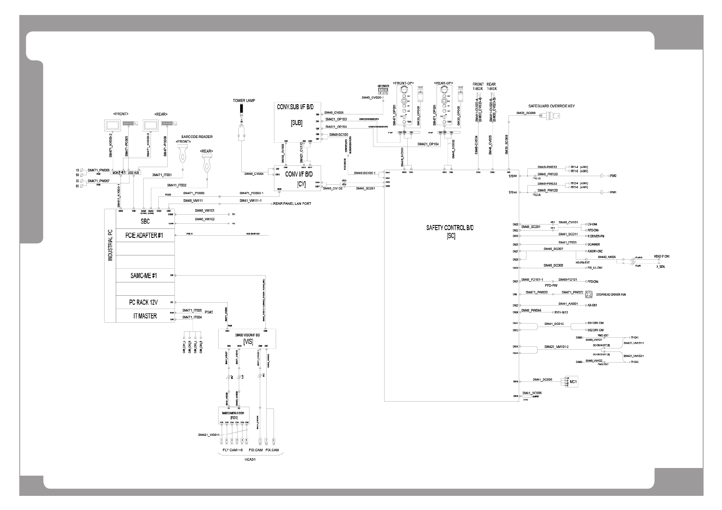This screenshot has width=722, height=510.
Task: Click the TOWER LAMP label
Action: pos(244,101)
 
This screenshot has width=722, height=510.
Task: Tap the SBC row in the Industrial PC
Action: pos(145,222)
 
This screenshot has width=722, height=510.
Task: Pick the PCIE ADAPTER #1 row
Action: pos(144,235)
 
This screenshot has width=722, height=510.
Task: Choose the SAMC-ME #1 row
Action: pos(144,276)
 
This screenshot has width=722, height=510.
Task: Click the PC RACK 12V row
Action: pos(144,302)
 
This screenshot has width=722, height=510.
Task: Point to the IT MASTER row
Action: pos(144,316)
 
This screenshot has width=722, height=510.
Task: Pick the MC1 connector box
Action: pos(571,382)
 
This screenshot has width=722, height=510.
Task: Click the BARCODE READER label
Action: pos(196,137)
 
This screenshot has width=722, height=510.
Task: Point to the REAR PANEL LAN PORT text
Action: pos(292,204)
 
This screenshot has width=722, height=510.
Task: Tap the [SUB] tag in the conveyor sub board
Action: pos(296,123)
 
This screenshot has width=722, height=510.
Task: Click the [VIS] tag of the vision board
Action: pos(248,342)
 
